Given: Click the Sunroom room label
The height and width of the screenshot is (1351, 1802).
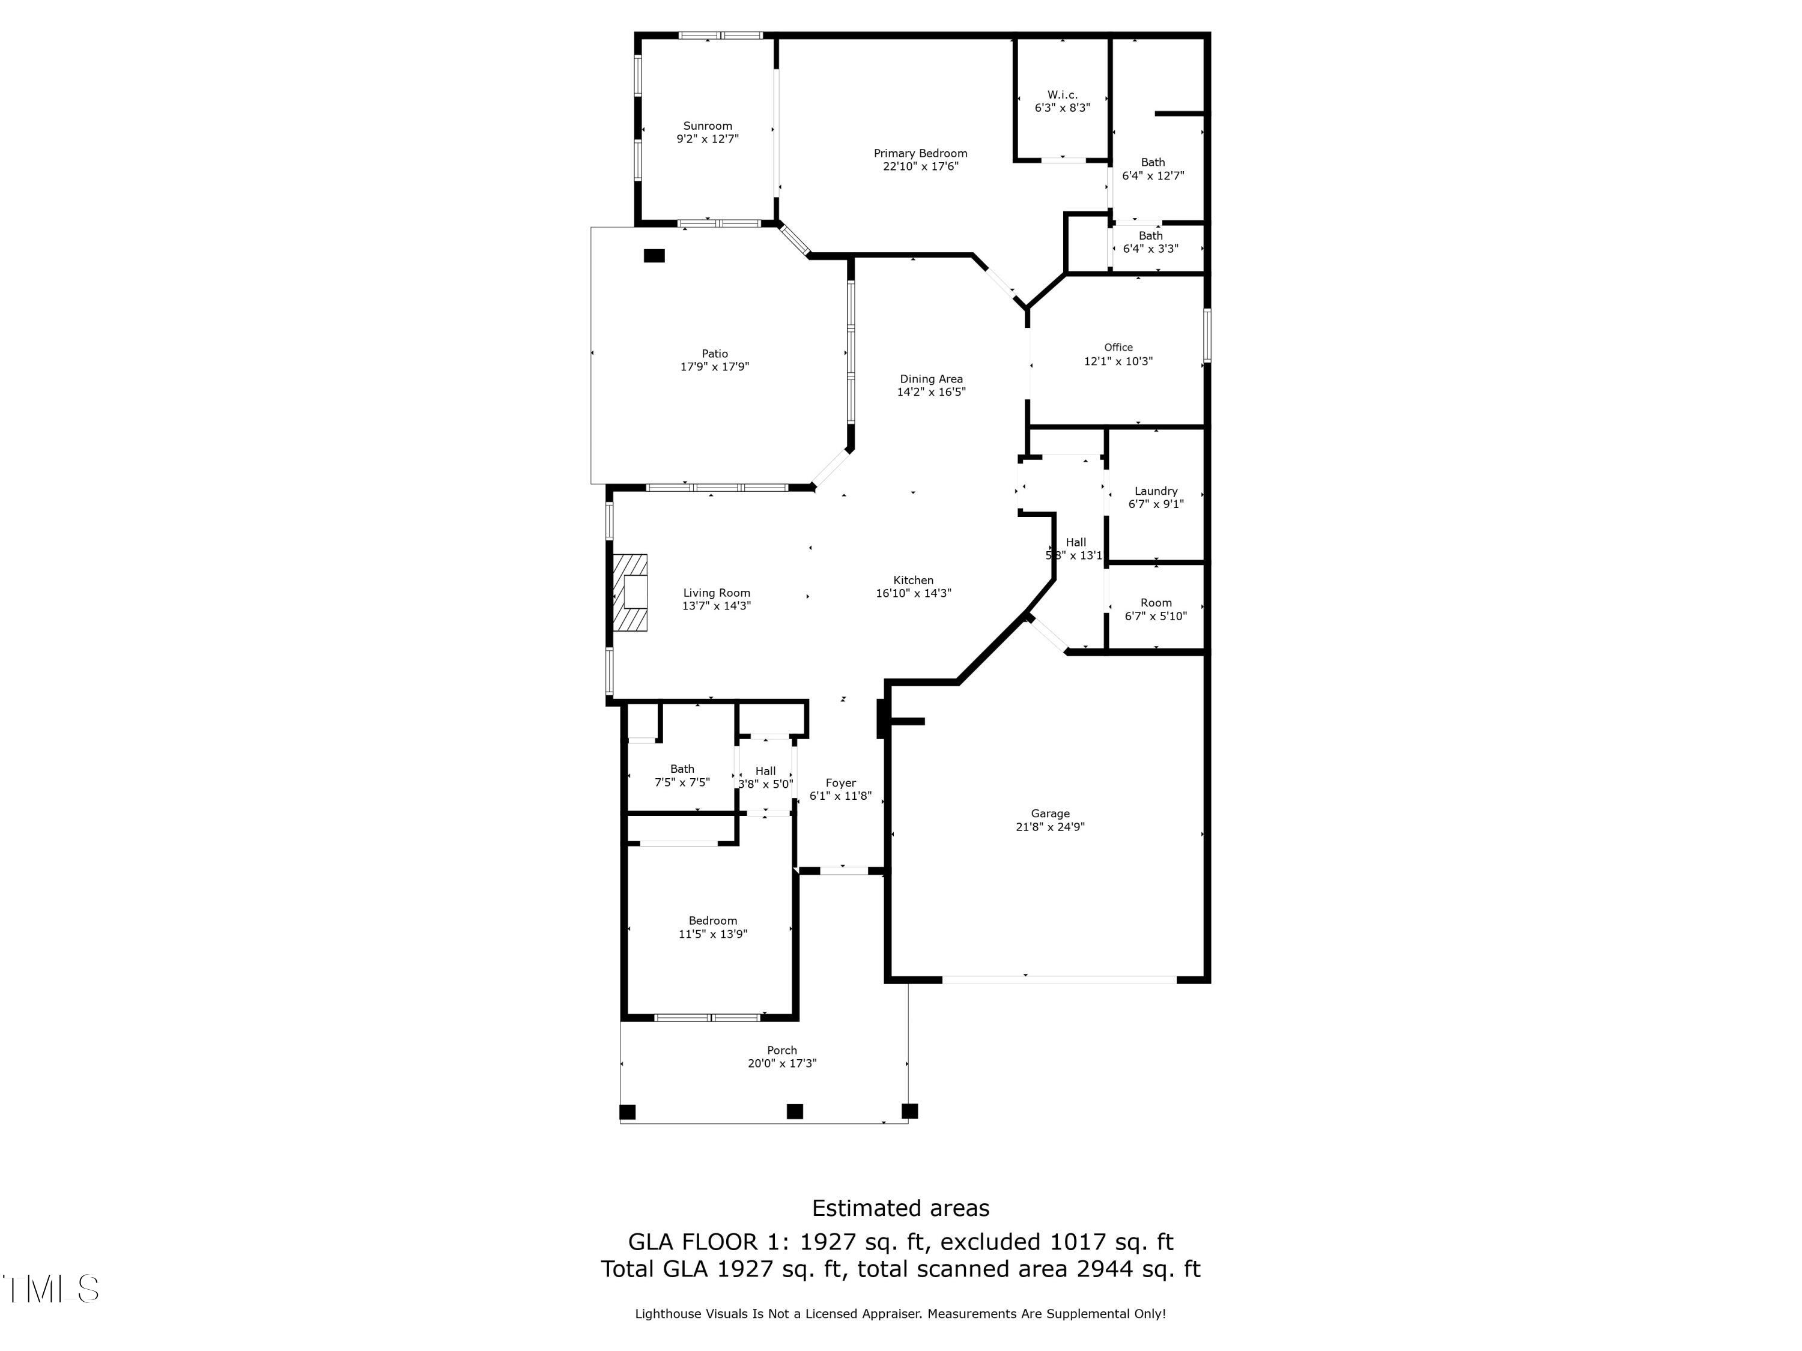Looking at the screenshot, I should tap(707, 125).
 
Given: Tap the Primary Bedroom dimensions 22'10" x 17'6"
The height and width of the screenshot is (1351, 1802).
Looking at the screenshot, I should tap(921, 167).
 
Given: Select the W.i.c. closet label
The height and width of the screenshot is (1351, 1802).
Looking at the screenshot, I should tap(1063, 94).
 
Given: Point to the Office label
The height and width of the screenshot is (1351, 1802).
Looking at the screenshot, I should tap(1118, 347).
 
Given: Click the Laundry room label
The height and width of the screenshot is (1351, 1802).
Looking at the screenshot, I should tap(1155, 491).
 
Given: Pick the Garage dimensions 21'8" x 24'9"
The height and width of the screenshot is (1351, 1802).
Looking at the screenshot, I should tap(1050, 827).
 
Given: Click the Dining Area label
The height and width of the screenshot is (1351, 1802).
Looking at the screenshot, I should tap(931, 379).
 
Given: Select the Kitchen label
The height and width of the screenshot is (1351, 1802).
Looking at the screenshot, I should tap(913, 581).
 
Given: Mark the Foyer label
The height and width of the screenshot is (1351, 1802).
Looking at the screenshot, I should tap(841, 782).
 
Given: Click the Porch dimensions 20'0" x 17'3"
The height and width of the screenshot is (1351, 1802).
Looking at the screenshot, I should tap(782, 1063).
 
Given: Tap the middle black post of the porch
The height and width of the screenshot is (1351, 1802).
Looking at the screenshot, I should tap(794, 1111).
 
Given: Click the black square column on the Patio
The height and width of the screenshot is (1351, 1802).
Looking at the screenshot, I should tap(654, 256).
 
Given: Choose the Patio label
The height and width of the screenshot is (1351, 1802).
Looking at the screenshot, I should tap(714, 354).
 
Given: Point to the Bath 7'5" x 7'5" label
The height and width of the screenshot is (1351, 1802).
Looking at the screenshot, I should tap(682, 769).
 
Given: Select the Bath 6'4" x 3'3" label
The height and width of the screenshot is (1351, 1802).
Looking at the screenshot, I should tap(1150, 236).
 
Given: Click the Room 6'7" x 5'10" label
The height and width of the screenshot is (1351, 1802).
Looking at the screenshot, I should tap(1155, 603).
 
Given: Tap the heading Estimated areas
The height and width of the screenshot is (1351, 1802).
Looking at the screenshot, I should tap(900, 1207).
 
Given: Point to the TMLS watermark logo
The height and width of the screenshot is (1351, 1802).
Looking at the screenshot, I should tap(50, 1289).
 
